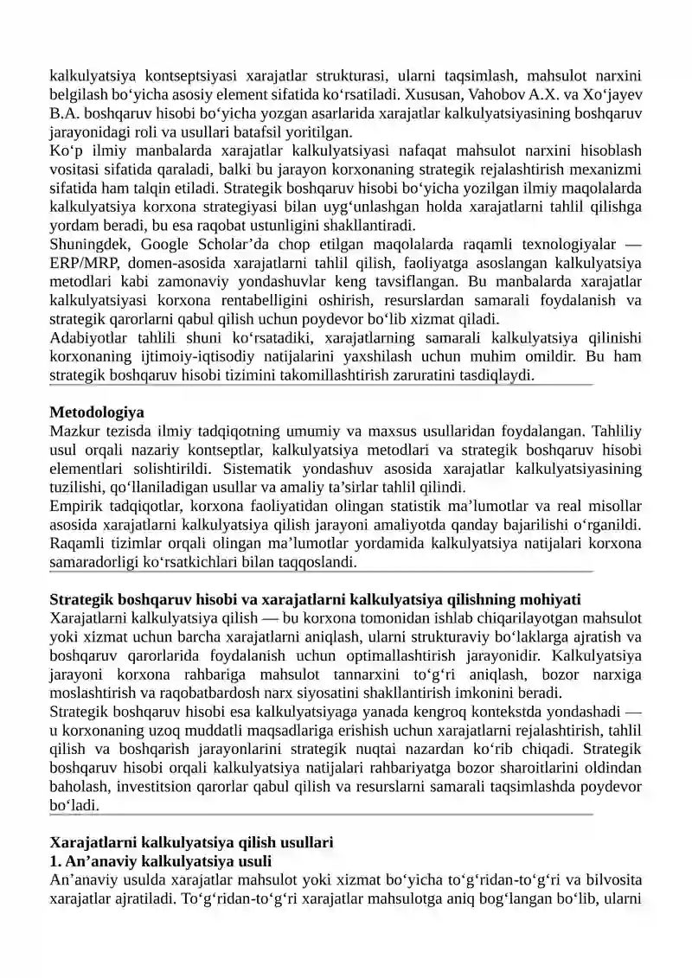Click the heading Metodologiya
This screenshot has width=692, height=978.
click(x=97, y=412)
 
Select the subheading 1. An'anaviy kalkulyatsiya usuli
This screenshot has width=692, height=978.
click(x=161, y=860)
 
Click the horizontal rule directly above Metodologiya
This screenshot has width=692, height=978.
click(x=320, y=385)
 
